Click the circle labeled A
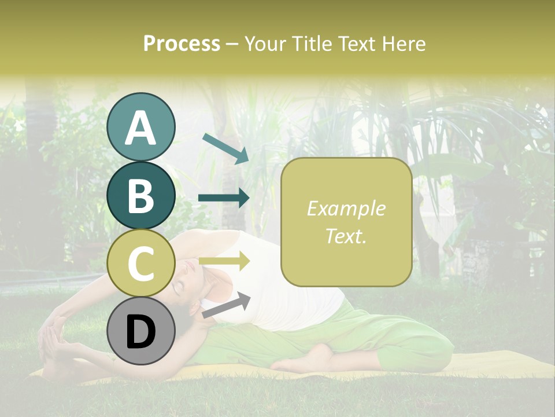click(140, 127)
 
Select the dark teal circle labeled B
click(140, 195)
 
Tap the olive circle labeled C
click(140, 263)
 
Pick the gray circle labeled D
click(140, 331)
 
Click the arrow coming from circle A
click(225, 148)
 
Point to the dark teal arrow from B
click(224, 198)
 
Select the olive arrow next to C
click(224, 261)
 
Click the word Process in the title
click(182, 43)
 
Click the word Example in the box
click(346, 209)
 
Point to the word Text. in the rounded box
click(346, 236)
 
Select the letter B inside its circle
click(140, 196)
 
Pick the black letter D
click(140, 332)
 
